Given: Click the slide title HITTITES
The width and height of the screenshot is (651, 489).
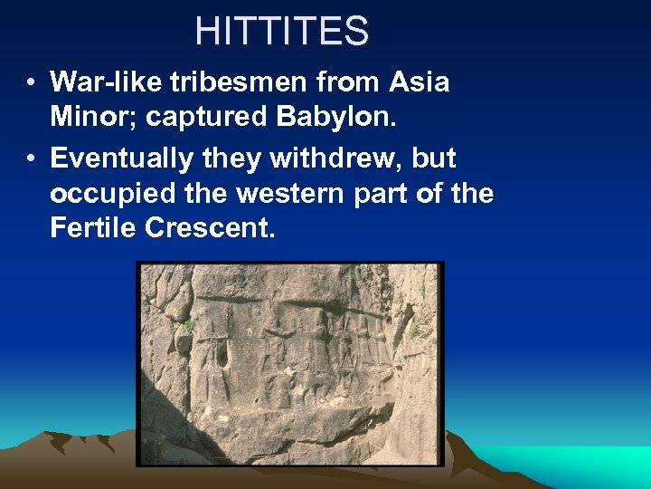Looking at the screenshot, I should point(281,33).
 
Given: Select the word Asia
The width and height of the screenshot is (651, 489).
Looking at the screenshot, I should point(420,82).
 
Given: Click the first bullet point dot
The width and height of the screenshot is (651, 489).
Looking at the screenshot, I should point(31,83).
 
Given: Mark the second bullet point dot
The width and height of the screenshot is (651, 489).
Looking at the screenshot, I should point(31,159).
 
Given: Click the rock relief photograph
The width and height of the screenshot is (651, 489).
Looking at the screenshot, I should point(290,363).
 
